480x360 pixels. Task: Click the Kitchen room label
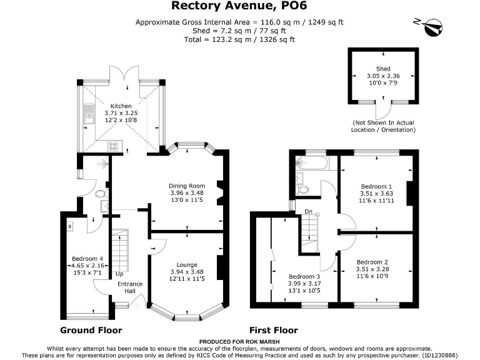coord(121,106)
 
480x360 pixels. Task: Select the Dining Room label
coord(187,186)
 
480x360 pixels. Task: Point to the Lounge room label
coord(187,264)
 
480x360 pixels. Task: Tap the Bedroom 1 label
coord(376,186)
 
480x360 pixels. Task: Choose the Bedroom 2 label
coord(372,262)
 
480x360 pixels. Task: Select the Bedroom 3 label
coord(304,276)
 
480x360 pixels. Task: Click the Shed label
coord(383,69)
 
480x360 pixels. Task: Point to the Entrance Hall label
coord(130,287)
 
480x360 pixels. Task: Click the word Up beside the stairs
coord(119,274)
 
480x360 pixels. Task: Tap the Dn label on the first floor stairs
coord(308,212)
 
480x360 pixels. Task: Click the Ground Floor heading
coord(91,330)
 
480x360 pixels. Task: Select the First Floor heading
coord(273,330)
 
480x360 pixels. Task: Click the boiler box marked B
coord(69,225)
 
